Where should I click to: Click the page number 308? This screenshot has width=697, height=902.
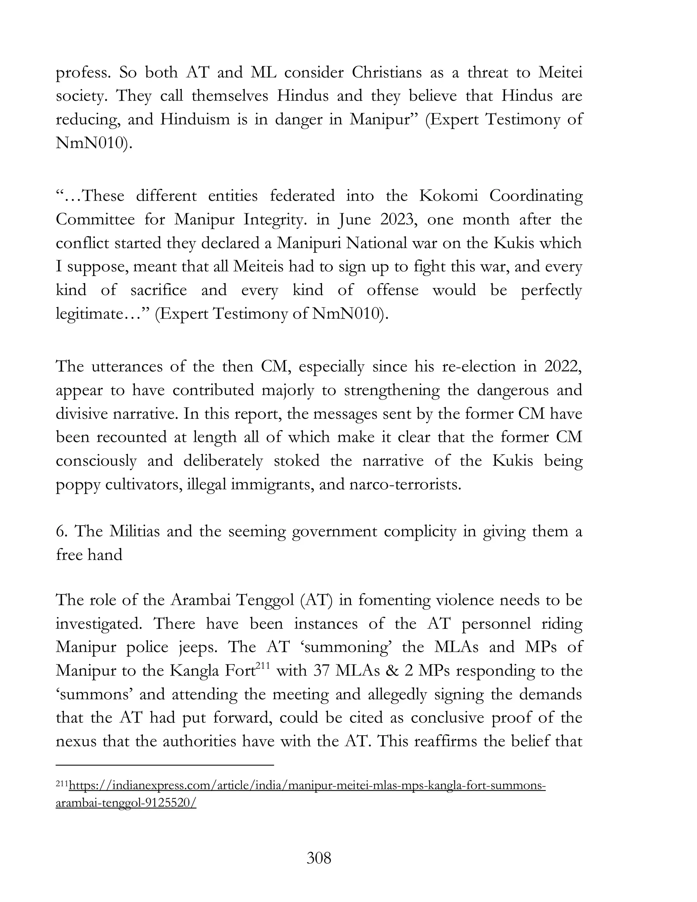point(319,858)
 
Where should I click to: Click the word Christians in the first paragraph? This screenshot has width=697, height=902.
point(387,73)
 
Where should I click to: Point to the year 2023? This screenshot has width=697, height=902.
point(397,219)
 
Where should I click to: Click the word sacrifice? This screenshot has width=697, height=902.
point(159,290)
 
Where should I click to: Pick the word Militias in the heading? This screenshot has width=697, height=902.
point(134,531)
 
